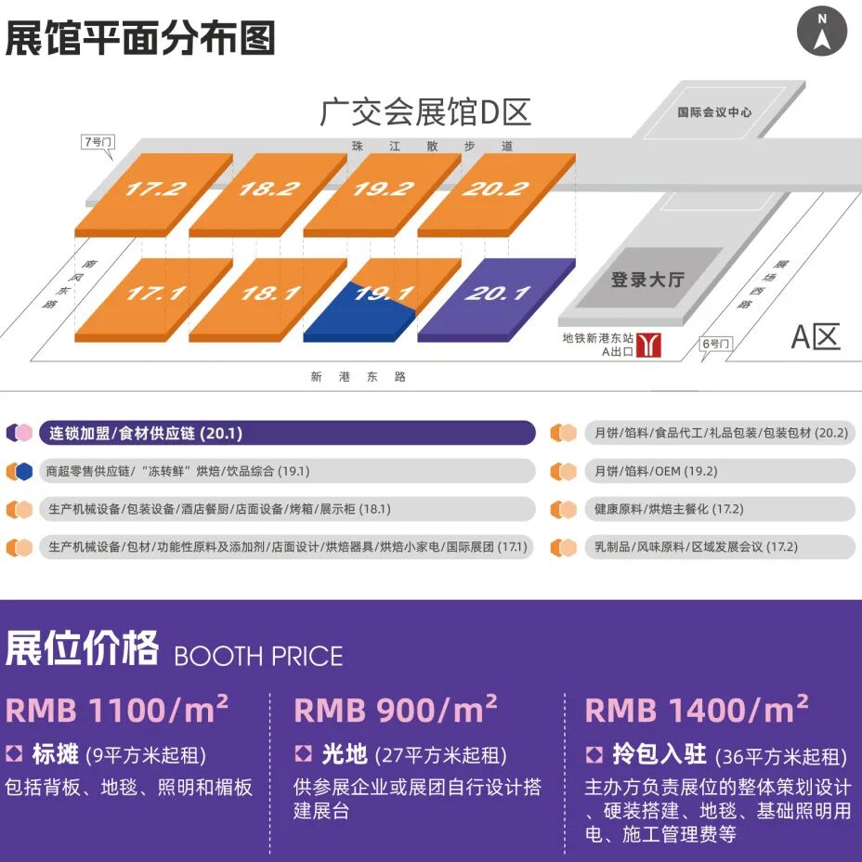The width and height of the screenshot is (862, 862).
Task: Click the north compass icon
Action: [822, 31]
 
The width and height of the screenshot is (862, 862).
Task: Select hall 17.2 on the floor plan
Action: [154, 195]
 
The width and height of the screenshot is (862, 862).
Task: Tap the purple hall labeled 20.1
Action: [496, 300]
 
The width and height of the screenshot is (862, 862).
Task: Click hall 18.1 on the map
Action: [268, 300]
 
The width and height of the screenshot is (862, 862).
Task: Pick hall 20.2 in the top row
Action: [496, 195]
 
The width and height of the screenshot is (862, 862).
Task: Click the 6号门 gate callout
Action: [716, 346]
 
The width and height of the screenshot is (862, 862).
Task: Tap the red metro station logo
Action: [648, 346]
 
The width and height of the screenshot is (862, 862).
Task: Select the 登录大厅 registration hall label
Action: [647, 280]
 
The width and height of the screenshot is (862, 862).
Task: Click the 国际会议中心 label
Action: [714, 112]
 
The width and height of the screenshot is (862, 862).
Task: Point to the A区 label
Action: [816, 336]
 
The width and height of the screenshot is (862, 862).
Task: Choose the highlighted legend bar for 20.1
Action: [287, 433]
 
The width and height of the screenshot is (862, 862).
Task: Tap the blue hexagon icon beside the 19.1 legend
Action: [24, 471]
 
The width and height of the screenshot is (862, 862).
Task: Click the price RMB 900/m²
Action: [396, 709]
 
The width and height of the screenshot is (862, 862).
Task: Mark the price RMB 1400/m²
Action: [696, 709]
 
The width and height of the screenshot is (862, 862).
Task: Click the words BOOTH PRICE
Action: [258, 657]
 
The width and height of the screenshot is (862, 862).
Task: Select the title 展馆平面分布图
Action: [140, 38]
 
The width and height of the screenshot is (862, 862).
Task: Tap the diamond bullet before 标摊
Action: [14, 753]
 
